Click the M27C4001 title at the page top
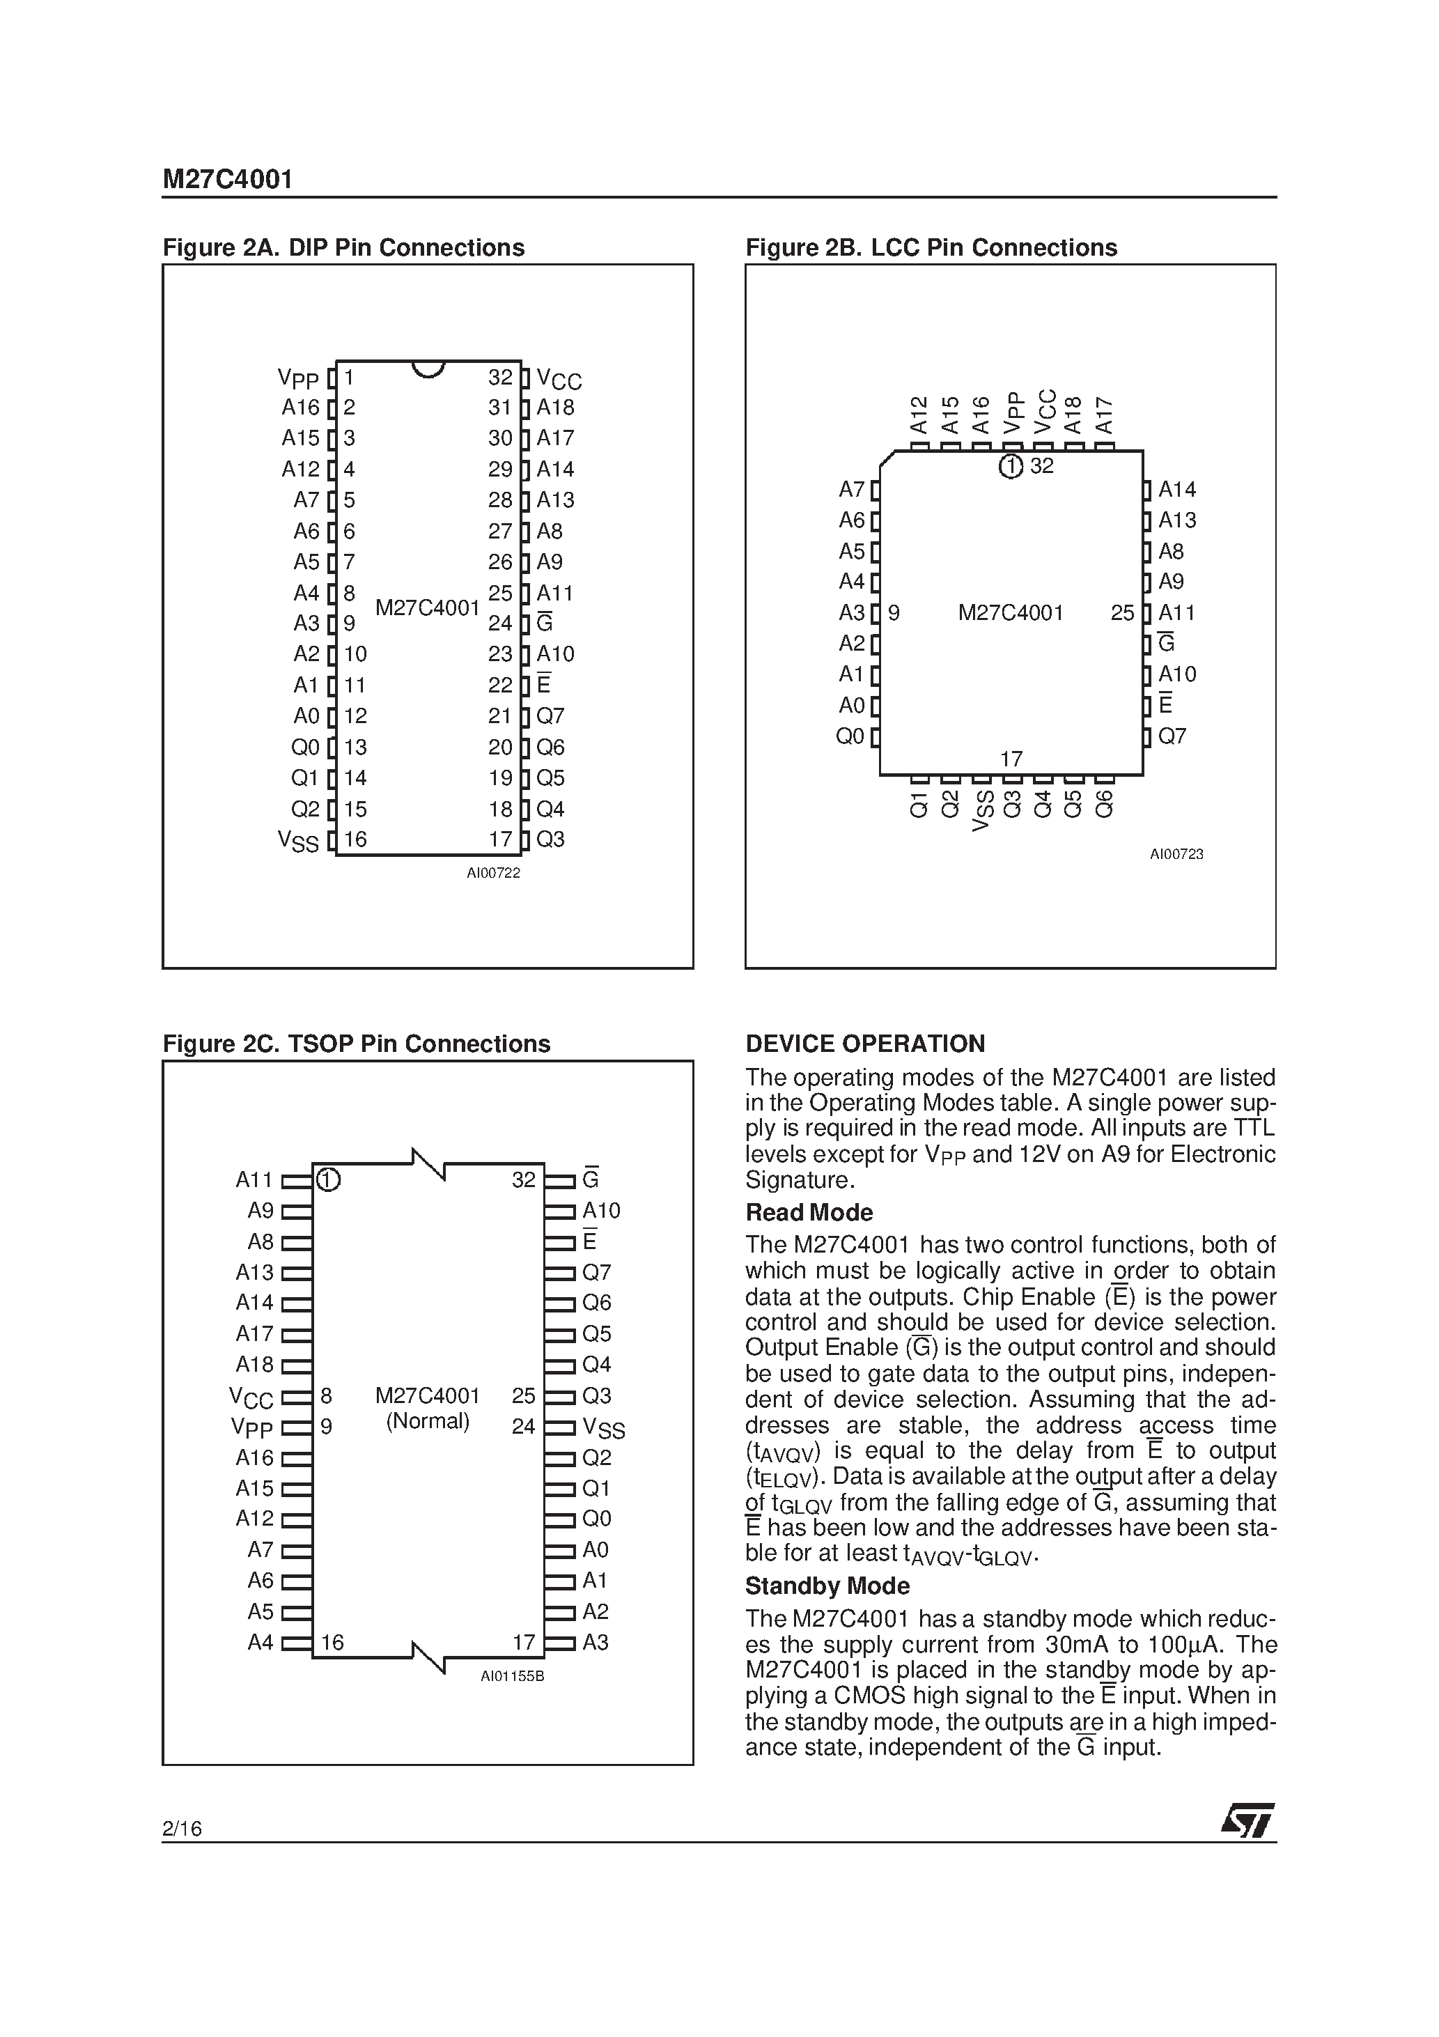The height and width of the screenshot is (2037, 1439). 227,180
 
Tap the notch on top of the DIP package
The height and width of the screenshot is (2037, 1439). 428,369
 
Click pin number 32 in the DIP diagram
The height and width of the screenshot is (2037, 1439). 500,378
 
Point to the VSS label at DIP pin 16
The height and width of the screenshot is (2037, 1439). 298,841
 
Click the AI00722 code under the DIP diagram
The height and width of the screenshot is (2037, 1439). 493,874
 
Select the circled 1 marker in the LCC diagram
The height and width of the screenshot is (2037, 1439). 1011,467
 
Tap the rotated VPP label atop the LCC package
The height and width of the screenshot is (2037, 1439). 1011,413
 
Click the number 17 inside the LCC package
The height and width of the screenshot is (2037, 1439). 1011,759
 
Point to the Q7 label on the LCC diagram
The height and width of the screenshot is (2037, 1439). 1172,736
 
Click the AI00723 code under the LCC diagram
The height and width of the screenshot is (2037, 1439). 1176,854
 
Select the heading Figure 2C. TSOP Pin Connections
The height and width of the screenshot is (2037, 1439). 356,1044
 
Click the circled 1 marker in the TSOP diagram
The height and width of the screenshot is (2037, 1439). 328,1180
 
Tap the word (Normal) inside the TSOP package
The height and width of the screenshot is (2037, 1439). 428,1421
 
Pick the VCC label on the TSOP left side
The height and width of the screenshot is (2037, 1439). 251,1398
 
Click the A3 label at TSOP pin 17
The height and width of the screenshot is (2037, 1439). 596,1643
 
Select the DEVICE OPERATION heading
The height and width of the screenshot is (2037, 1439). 865,1044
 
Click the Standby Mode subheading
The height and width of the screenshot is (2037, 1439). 827,1586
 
